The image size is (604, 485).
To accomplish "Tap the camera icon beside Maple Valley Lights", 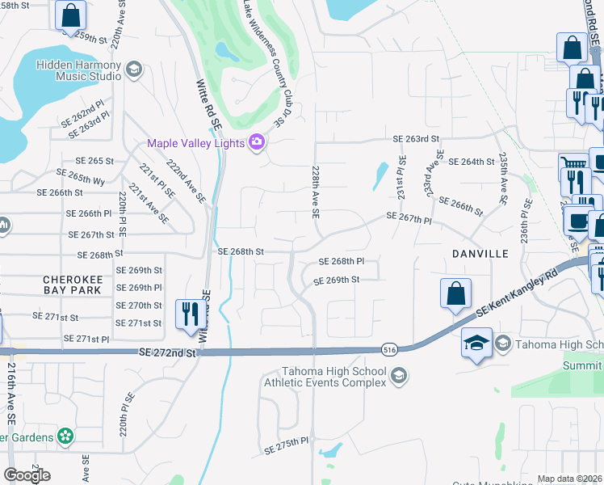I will [x=257, y=143].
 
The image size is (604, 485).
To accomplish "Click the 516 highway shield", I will [x=389, y=349].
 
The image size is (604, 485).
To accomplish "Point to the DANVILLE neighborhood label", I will [x=480, y=254].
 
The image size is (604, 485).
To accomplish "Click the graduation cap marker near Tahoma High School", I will [x=476, y=343].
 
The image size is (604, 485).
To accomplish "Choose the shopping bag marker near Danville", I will [x=455, y=293].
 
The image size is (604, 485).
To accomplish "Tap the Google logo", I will [x=27, y=475].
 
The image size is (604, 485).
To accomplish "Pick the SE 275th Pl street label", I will [x=287, y=442].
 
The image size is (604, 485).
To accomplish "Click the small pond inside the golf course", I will [x=228, y=53].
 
